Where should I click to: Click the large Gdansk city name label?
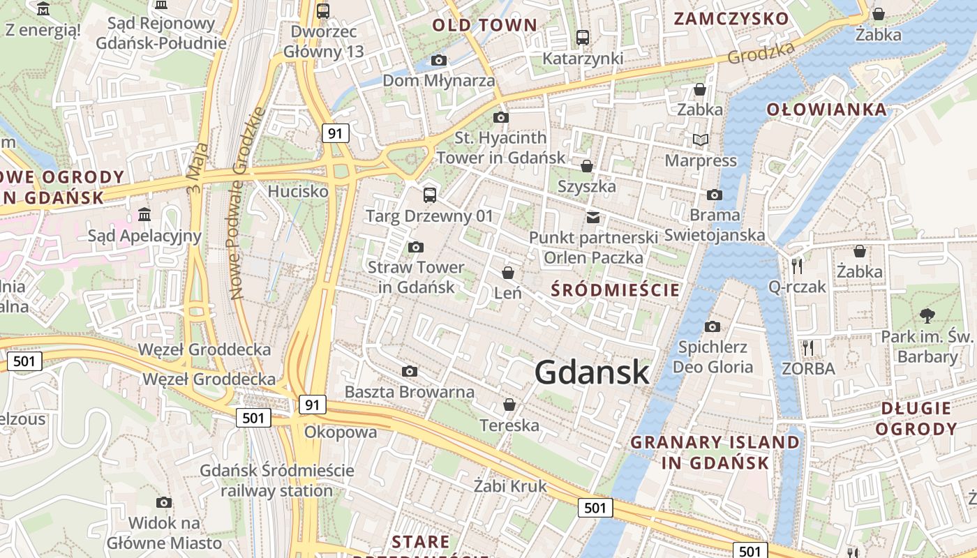click(592, 372)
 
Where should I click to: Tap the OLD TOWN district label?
click(485, 26)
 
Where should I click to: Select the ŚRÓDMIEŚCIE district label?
click(615, 290)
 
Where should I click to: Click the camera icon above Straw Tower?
click(415, 247)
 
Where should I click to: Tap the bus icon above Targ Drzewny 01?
click(430, 195)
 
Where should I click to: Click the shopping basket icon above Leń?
click(508, 273)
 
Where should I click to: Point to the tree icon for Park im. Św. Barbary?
click(927, 316)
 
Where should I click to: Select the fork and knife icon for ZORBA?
click(808, 347)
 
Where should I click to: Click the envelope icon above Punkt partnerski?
click(592, 218)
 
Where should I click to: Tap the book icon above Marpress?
click(701, 140)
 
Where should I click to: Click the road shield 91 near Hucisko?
click(336, 133)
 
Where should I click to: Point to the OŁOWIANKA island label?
click(826, 110)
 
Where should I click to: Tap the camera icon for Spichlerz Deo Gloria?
click(712, 326)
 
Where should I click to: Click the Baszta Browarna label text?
click(410, 392)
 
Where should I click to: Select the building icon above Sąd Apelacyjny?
click(144, 214)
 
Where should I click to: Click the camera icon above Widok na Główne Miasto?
click(164, 502)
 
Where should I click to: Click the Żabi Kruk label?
click(510, 486)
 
